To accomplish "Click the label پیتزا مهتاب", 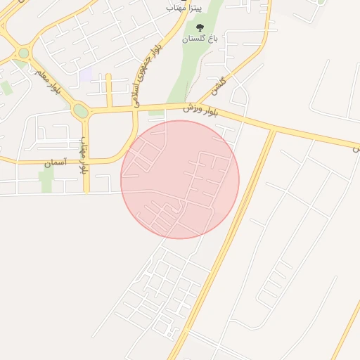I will pos(184,6).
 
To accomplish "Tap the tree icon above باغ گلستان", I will pos(200,27).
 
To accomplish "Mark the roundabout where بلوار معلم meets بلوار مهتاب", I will pos(81,110).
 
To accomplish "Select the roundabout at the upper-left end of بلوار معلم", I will pos(24,53).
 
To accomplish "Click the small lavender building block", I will pos(85,75).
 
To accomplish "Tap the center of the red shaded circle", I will pos(180,179).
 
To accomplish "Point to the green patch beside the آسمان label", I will pos(47,179).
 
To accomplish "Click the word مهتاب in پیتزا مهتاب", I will pos(176,6).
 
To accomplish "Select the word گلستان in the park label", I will pos(195,39).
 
